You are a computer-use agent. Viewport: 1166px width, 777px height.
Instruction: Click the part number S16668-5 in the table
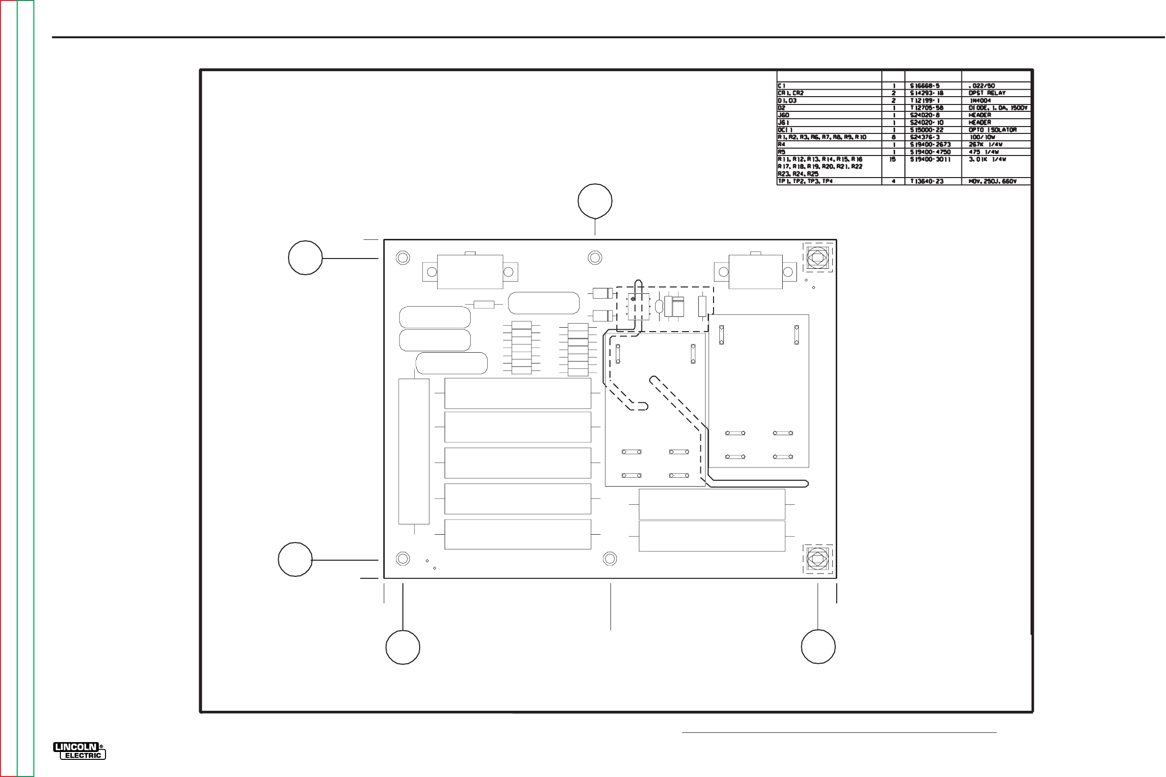(925, 86)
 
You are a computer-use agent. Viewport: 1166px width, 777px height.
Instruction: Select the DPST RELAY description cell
(987, 93)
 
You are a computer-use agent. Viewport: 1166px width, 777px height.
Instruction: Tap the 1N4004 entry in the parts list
(980, 101)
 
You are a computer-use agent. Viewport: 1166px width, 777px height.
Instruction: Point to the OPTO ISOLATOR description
(992, 130)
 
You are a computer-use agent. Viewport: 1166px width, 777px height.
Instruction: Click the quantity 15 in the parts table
(893, 159)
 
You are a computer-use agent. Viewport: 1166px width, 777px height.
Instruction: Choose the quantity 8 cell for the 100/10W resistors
(893, 137)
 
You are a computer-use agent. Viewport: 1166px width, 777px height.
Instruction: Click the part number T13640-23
(927, 181)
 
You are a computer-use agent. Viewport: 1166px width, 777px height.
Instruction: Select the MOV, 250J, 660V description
(992, 181)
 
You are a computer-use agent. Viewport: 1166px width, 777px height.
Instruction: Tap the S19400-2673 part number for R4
(930, 145)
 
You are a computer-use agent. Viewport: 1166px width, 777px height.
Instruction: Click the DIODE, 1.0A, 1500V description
(998, 108)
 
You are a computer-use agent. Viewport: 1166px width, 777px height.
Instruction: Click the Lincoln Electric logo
(79, 751)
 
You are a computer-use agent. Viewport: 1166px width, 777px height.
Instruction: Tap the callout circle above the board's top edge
(595, 201)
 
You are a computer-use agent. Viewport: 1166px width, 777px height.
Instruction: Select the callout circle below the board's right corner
(818, 647)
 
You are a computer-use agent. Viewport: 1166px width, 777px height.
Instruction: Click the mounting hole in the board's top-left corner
(402, 258)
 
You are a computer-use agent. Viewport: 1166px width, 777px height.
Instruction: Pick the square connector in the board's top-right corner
(817, 257)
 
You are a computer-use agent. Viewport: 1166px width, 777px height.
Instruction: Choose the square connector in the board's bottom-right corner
(817, 559)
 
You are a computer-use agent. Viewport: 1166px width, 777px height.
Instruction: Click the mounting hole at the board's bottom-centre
(610, 559)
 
